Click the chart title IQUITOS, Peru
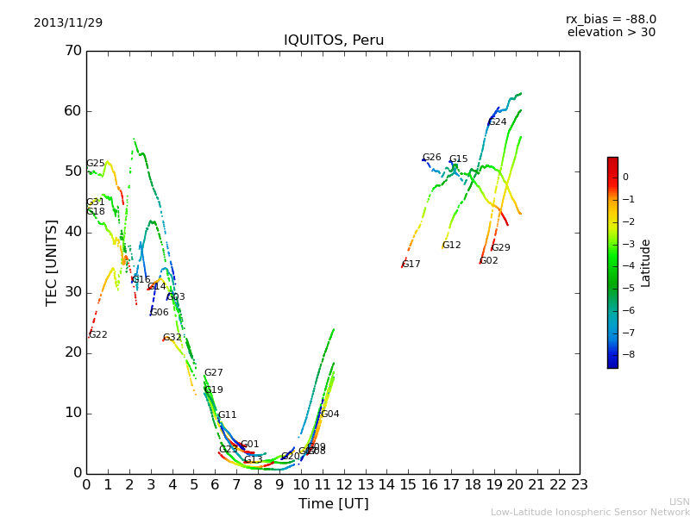(x=334, y=40)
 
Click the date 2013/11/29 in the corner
(x=68, y=23)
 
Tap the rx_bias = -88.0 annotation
(x=611, y=19)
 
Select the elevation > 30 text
(x=611, y=33)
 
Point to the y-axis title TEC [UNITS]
(x=52, y=262)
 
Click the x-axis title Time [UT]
(x=334, y=504)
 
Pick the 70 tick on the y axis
(x=72, y=51)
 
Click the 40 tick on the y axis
(x=72, y=232)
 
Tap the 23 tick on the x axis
(x=580, y=485)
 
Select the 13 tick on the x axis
(x=365, y=485)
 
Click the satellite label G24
(x=498, y=122)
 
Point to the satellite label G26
(x=431, y=158)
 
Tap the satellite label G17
(x=411, y=265)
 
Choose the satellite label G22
(x=98, y=335)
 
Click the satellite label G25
(x=95, y=164)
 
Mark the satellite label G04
(x=330, y=414)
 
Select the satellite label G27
(x=213, y=373)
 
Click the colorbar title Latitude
(x=646, y=263)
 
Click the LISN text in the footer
(x=679, y=501)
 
